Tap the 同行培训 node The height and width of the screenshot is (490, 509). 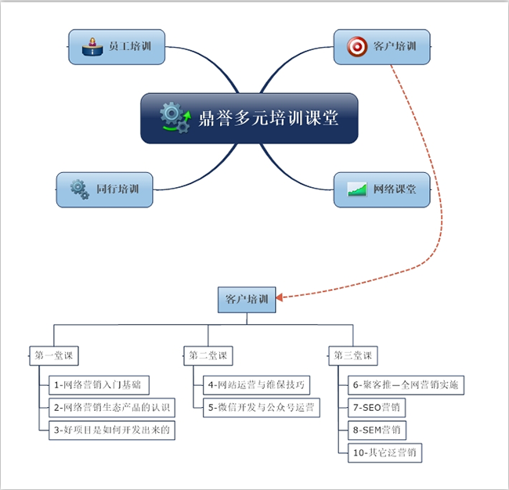tap(105, 189)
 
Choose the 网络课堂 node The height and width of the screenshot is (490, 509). tap(381, 189)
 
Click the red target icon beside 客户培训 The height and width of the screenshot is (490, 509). tap(357, 47)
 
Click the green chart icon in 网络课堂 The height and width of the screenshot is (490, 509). tap(358, 189)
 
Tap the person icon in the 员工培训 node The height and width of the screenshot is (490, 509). tap(92, 47)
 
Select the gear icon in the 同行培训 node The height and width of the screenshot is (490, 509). tap(79, 189)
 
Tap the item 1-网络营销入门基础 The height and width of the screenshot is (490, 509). tap(99, 384)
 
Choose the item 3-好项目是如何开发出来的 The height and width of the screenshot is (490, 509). tap(112, 430)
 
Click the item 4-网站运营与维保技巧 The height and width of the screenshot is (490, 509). tap(258, 384)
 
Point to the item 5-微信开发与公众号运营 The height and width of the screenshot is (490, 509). tap(262, 407)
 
